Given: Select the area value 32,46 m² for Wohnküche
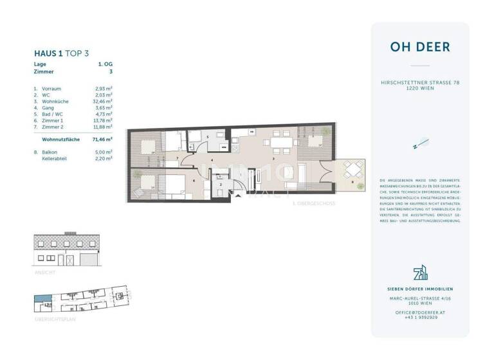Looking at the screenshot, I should [x=103, y=101].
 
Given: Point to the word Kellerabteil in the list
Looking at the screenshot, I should [x=56, y=157].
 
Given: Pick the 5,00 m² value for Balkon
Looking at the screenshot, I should [x=104, y=151].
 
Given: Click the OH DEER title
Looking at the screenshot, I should [x=419, y=47].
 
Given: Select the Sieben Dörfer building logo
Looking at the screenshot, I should [x=419, y=272].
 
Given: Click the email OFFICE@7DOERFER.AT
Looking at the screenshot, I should [x=419, y=312].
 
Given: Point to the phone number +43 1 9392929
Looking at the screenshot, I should [x=419, y=317].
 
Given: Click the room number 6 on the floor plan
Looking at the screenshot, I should [x=193, y=181].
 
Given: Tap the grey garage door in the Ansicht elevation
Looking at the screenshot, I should [x=87, y=260].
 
